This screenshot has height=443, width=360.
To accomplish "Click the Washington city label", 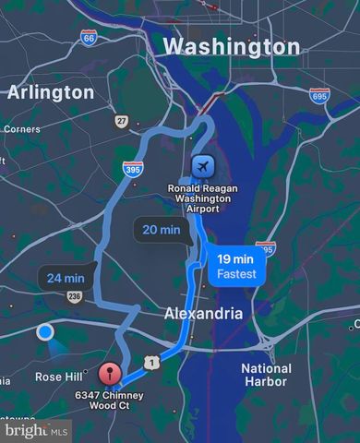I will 231,46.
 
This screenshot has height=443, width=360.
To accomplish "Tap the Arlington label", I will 51,92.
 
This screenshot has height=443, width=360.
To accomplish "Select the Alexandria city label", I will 204,313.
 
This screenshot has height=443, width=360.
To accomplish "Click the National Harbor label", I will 266,375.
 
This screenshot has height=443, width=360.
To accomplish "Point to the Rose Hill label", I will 59,377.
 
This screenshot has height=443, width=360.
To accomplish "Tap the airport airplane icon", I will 203,165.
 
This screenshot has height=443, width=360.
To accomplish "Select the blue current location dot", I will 44,332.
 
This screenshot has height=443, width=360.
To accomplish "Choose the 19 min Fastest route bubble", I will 236,266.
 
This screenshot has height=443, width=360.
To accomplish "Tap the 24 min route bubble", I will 65,277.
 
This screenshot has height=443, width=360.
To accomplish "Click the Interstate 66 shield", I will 89,38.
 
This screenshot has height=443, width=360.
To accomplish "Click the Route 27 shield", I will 121,121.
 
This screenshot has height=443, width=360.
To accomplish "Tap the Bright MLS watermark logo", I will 36,430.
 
